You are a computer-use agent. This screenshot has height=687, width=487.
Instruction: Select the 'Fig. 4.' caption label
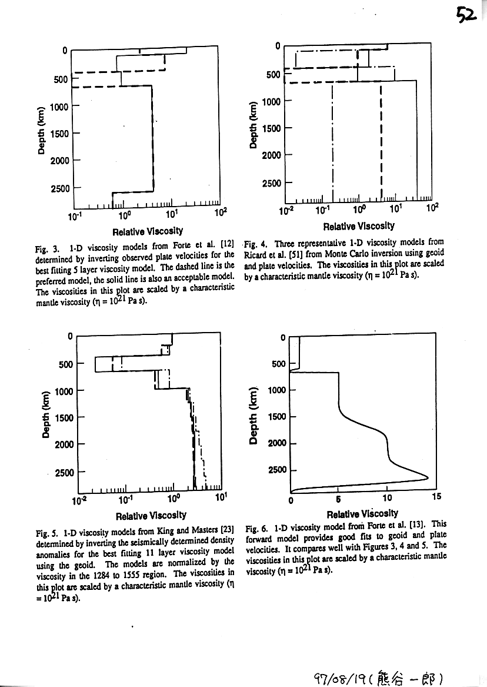256,243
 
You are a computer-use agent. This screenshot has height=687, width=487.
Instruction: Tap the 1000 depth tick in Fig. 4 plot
271,101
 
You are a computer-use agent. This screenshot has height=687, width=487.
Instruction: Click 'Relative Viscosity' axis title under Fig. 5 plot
151,516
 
